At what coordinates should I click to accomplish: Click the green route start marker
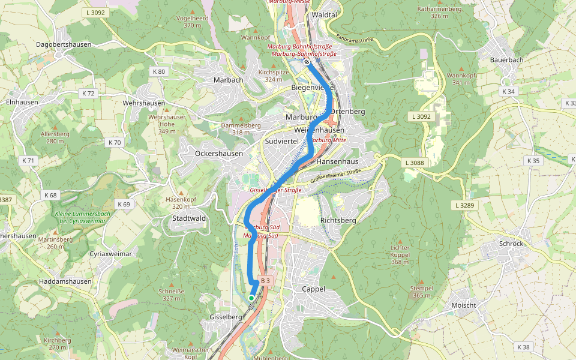[251, 298]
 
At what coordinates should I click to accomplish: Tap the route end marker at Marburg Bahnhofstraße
[307, 61]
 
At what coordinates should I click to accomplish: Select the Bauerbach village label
[506, 60]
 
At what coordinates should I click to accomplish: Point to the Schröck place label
[511, 244]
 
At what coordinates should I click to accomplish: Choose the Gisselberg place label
[225, 316]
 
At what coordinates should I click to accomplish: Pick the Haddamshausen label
[65, 281]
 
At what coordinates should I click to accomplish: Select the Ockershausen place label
[219, 154]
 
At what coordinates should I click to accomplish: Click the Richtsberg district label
[338, 220]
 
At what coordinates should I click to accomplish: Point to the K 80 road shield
[159, 71]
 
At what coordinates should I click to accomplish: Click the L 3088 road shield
[415, 163]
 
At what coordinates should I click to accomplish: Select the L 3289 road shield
[464, 205]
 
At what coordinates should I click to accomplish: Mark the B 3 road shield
[266, 280]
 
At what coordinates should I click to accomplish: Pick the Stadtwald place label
[188, 218]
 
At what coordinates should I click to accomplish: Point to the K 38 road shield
[523, 347]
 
